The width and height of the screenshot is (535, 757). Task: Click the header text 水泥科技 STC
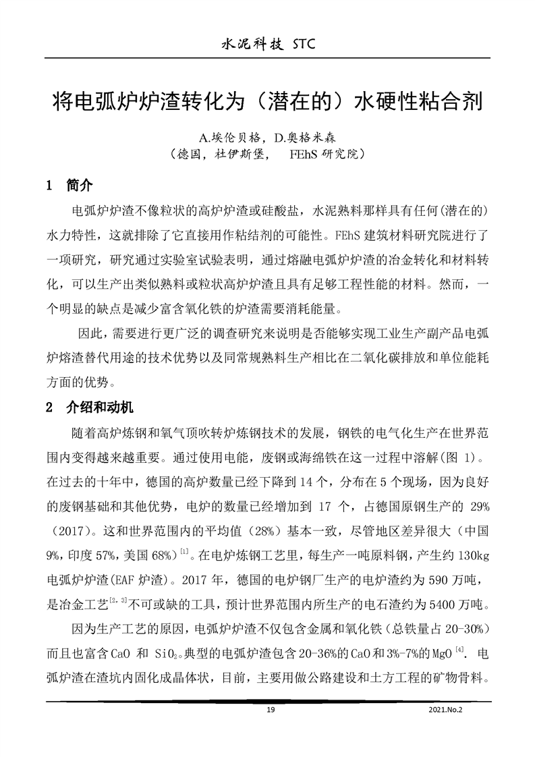267,45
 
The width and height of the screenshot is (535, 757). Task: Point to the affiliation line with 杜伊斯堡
268,155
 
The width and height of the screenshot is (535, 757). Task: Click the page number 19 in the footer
271,710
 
